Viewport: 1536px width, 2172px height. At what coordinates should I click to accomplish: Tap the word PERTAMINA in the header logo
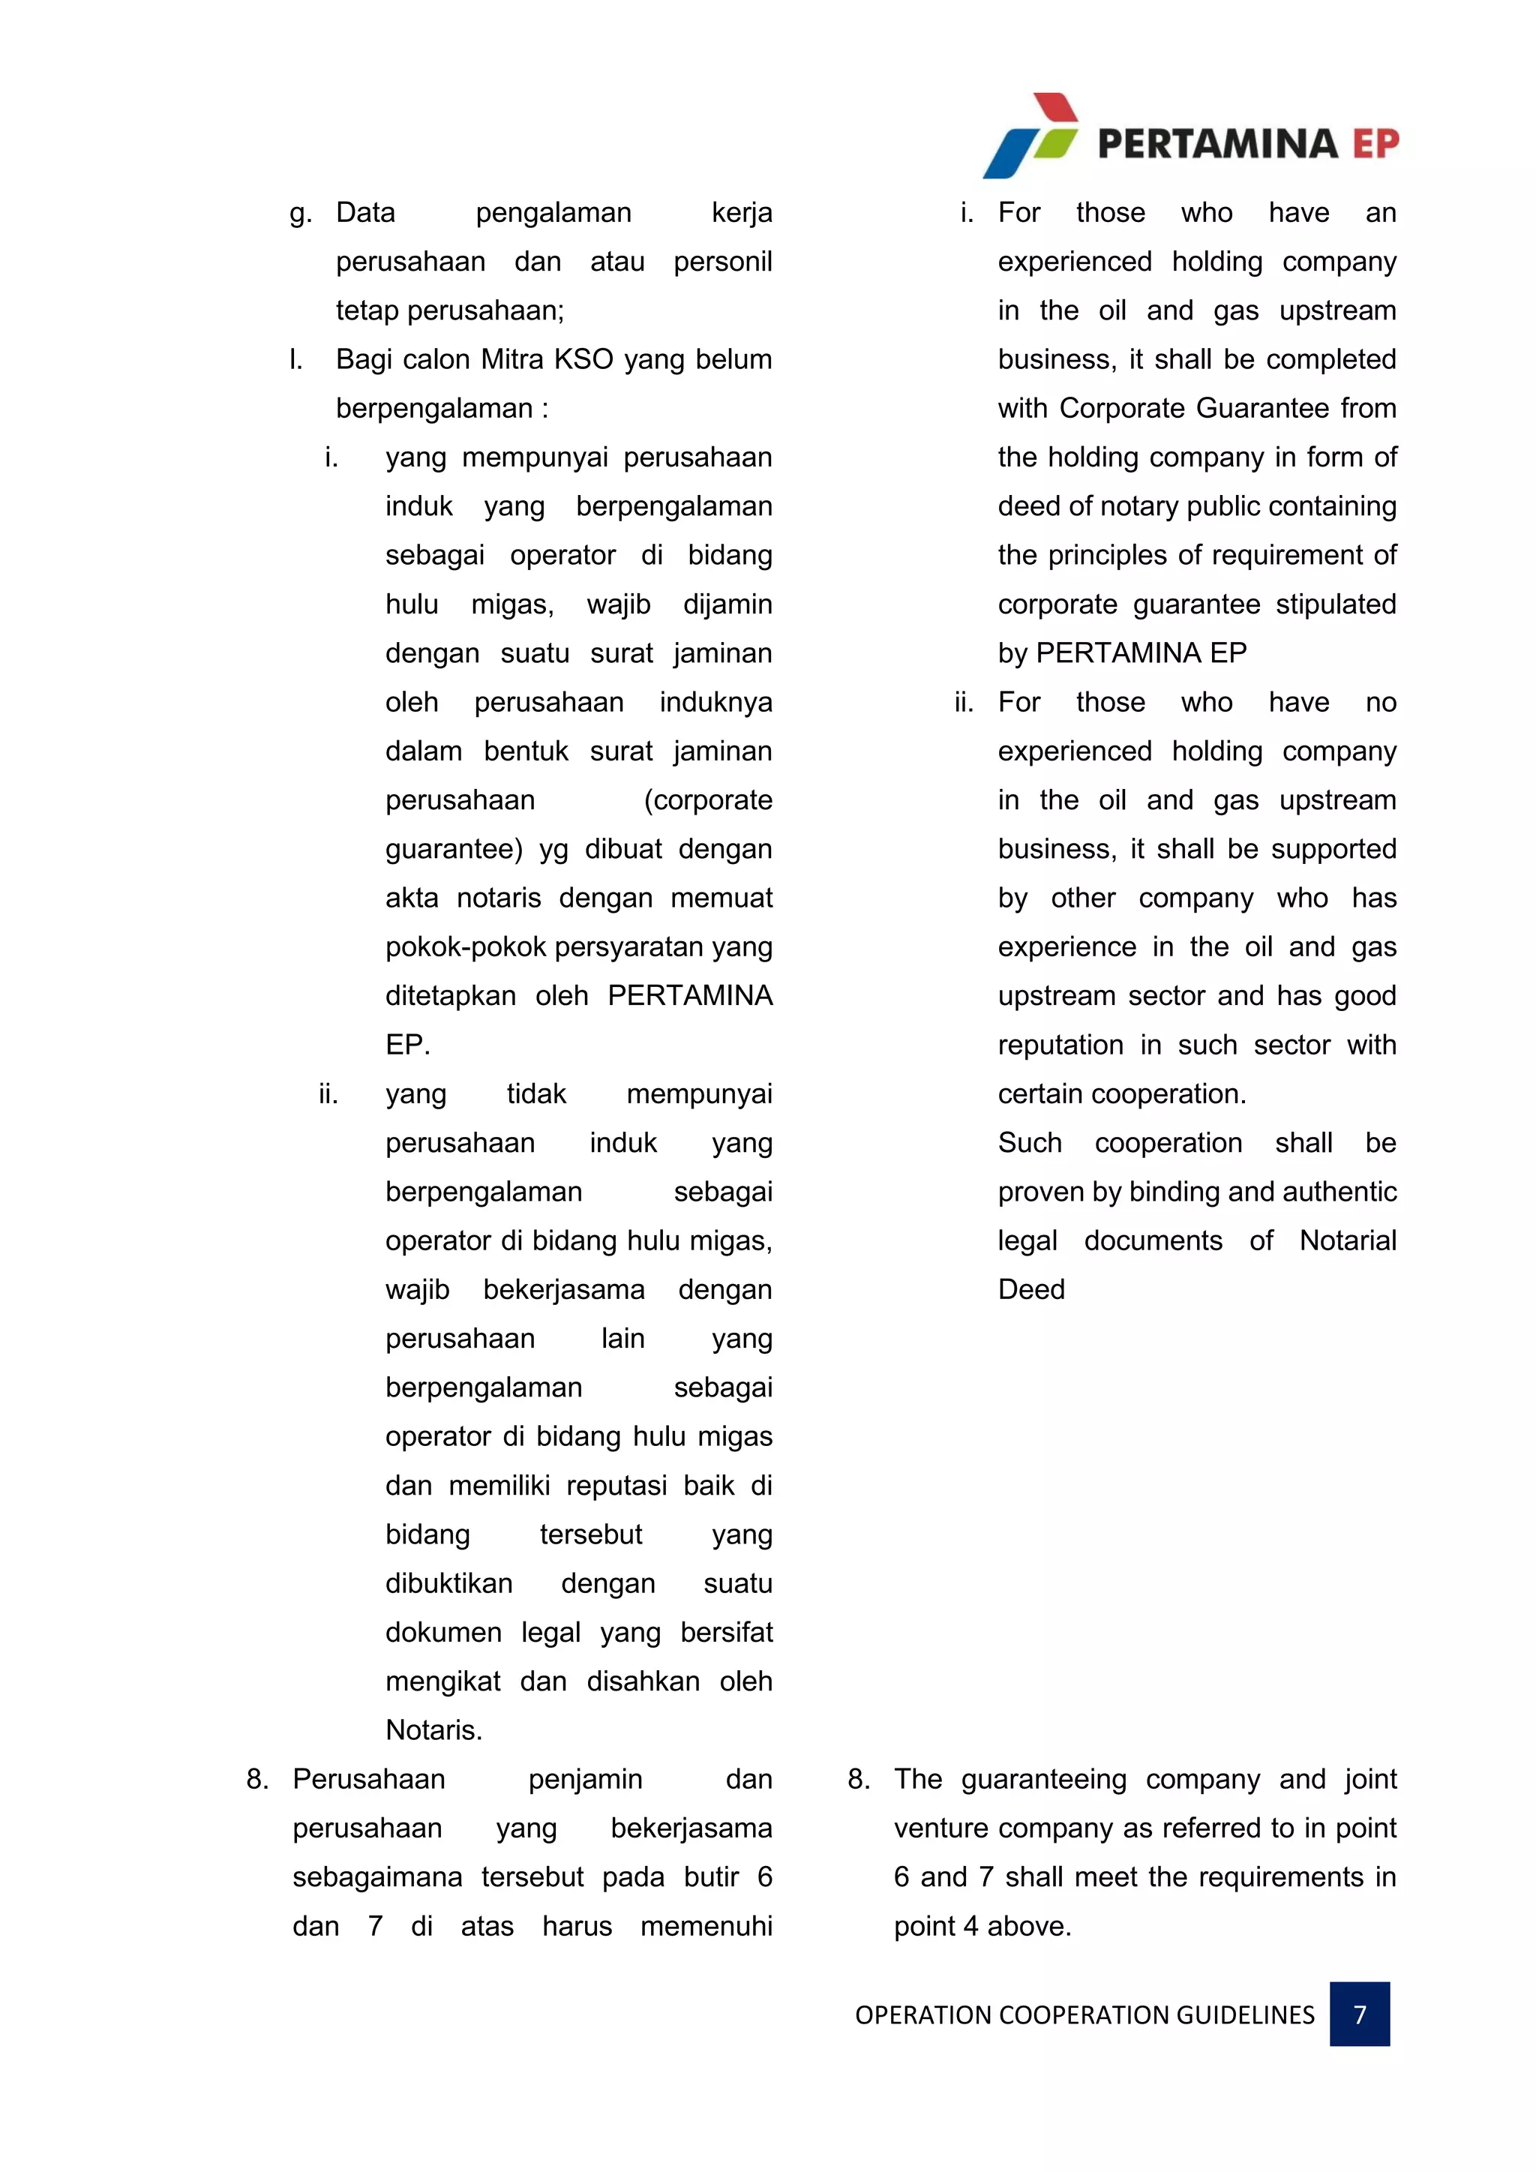1217,144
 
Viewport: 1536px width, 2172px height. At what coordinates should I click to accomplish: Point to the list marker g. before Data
300,214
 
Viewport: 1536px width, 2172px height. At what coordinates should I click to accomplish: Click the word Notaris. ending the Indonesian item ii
434,1729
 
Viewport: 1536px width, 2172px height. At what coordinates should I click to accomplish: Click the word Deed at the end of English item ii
1031,1289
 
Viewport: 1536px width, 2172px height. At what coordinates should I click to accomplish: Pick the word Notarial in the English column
1347,1240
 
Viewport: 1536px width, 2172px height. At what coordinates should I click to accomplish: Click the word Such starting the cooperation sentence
1029,1143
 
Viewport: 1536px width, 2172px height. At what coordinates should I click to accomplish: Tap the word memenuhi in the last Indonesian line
706,1926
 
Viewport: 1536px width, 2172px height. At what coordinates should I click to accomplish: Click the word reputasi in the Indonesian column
616,1485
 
